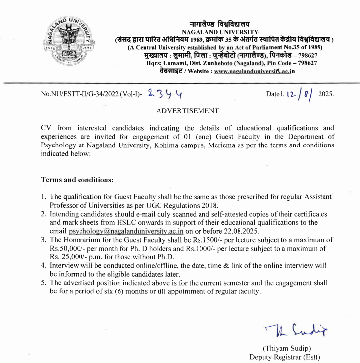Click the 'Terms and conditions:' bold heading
[78, 179]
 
